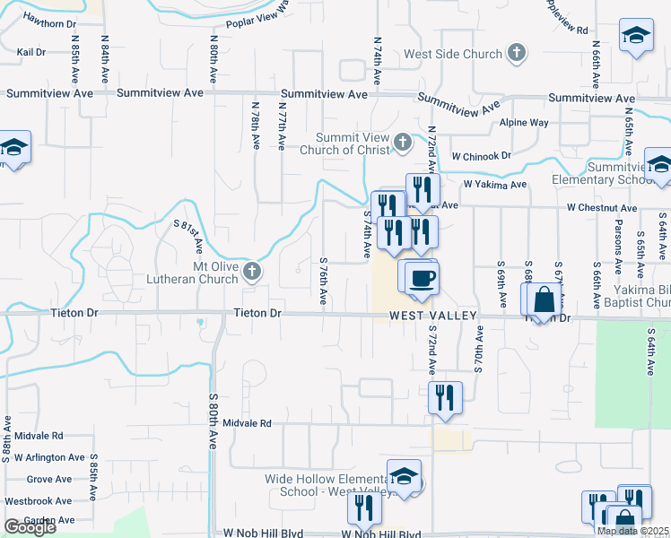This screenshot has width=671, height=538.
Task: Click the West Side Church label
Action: [x=452, y=54]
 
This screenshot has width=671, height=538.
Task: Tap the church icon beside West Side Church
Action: [x=516, y=53]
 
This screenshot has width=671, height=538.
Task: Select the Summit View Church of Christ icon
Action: [x=403, y=141]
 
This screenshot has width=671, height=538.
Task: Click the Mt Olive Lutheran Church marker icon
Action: [x=252, y=271]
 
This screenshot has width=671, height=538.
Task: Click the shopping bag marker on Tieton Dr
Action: [x=544, y=300]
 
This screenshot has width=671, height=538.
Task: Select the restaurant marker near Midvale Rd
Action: [x=445, y=395]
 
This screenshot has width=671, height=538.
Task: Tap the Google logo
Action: [x=30, y=527]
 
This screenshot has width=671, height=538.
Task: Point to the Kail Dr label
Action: [x=31, y=53]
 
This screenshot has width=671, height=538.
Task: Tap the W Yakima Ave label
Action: [x=494, y=185]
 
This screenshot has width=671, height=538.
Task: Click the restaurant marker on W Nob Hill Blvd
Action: [x=364, y=508]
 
